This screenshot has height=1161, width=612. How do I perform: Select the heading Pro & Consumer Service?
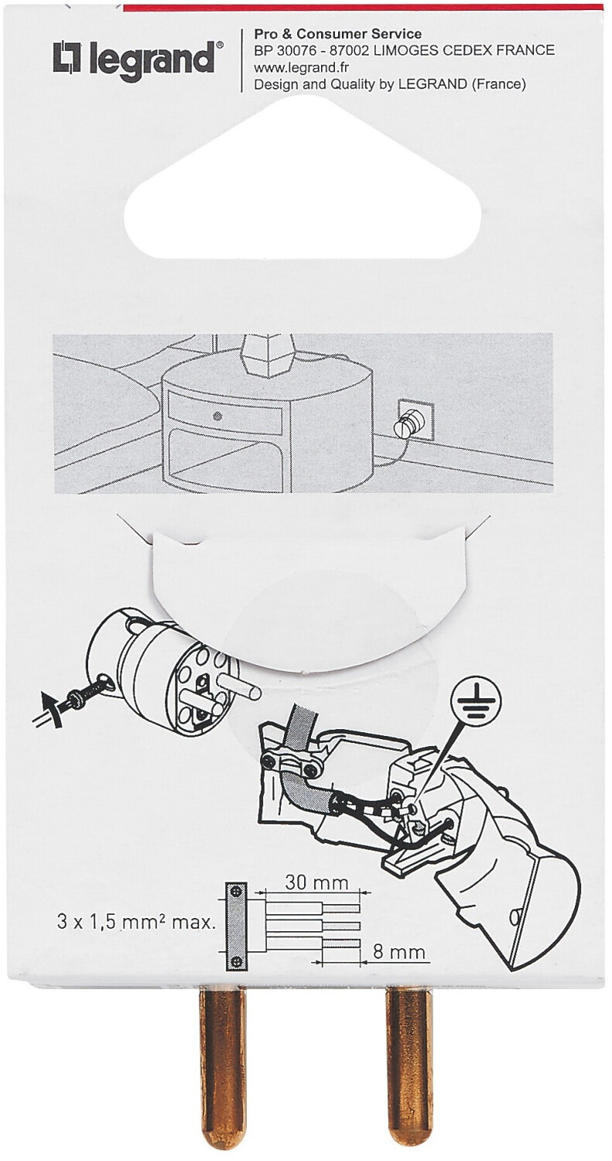tap(337, 34)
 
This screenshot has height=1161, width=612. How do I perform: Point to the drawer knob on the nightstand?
tap(217, 416)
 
